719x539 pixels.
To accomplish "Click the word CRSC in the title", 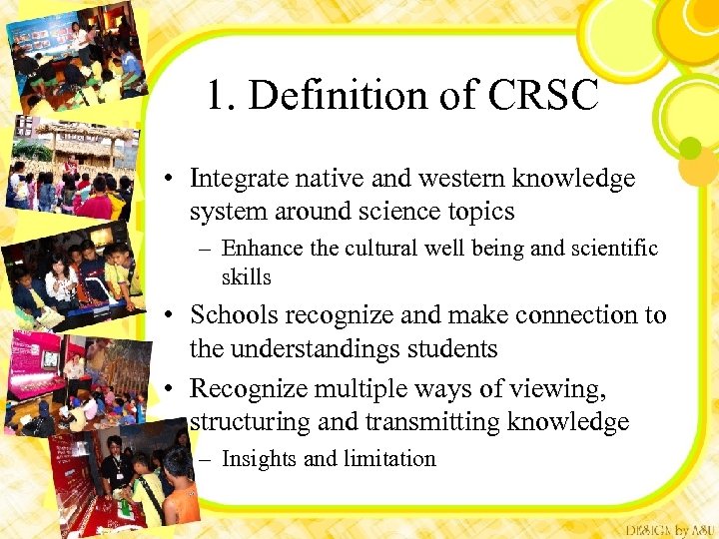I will [x=545, y=96].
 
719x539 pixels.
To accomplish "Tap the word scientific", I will [x=610, y=249].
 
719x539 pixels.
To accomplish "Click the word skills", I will [x=246, y=276].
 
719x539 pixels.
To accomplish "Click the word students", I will [x=448, y=348].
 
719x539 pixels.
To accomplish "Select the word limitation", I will [x=389, y=459].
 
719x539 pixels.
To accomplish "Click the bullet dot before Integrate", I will [x=173, y=180].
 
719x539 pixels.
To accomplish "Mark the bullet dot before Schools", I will [x=173, y=316].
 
